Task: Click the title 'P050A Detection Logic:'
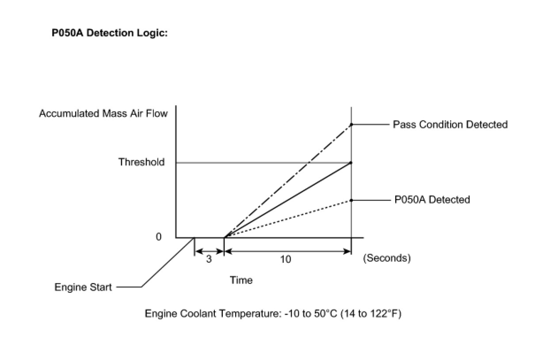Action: click(x=110, y=34)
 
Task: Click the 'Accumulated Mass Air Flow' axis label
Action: click(x=103, y=114)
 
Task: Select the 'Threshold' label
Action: click(x=141, y=162)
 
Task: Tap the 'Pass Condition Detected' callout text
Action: click(x=450, y=125)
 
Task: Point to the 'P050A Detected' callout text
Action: click(x=432, y=200)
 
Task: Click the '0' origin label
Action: click(x=159, y=237)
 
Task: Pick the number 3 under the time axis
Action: click(x=209, y=259)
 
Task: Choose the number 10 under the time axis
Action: click(x=286, y=259)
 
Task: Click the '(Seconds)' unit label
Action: click(x=387, y=258)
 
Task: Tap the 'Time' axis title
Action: click(x=241, y=280)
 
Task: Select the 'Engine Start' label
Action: click(x=83, y=287)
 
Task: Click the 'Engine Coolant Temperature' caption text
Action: click(x=273, y=314)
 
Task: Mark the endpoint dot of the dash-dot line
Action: click(x=351, y=125)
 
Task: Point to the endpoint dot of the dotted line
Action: click(x=351, y=200)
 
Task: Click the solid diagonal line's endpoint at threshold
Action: click(x=351, y=163)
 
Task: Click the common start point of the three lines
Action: click(x=225, y=237)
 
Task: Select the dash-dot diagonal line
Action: click(x=287, y=181)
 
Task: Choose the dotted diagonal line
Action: click(x=287, y=219)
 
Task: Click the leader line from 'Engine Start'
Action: click(x=168, y=263)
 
